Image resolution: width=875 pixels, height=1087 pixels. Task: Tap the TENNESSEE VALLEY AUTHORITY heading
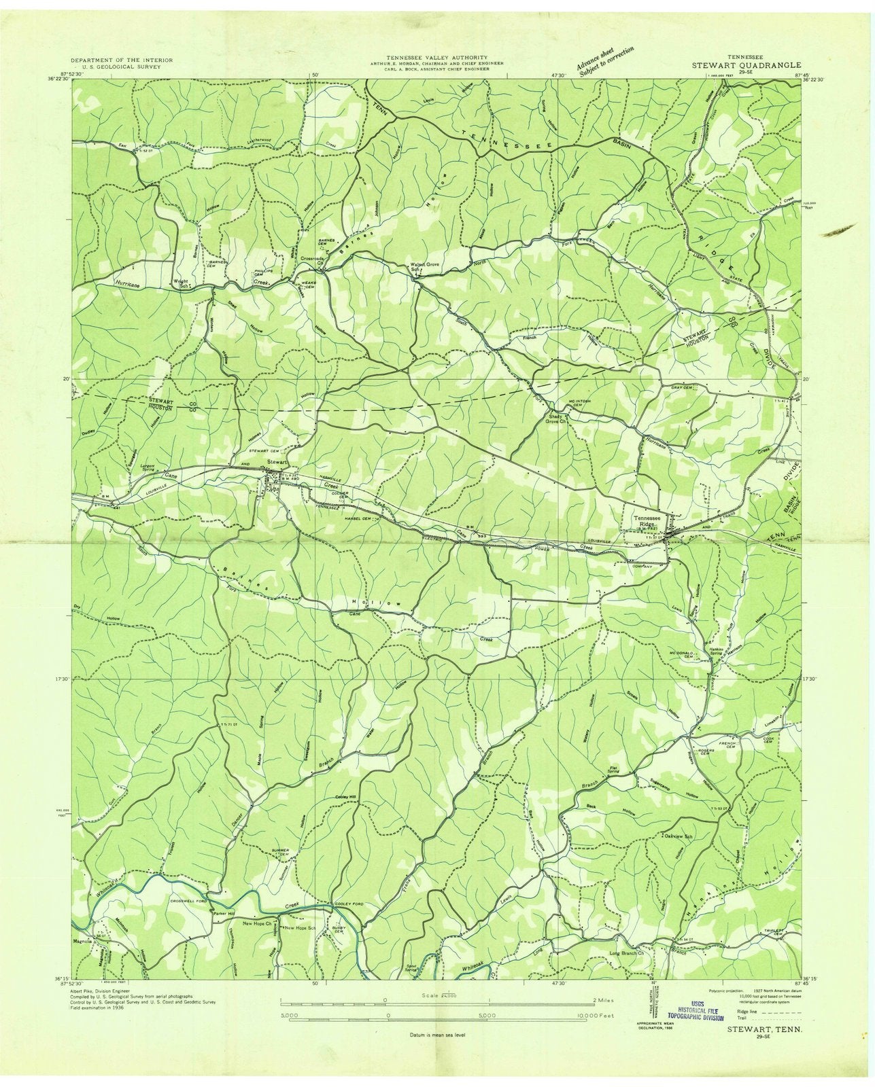click(436, 58)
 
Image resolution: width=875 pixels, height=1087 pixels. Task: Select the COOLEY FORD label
click(350, 904)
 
